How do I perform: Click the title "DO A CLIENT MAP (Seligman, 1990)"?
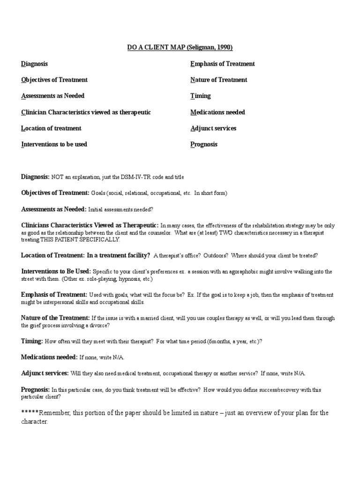pyautogui.click(x=180, y=47)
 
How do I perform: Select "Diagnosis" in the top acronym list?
pyautogui.click(x=34, y=64)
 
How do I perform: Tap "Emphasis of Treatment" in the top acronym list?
pyautogui.click(x=222, y=64)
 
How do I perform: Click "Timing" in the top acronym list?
pyautogui.click(x=200, y=96)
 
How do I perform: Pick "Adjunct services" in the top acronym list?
pyautogui.click(x=213, y=128)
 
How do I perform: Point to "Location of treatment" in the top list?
pyautogui.click(x=51, y=128)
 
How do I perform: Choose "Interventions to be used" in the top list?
pyautogui.click(x=54, y=144)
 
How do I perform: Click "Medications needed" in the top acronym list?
pyautogui.click(x=217, y=112)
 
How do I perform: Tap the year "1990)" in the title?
pyautogui.click(x=224, y=47)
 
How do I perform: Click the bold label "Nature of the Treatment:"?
pyautogui.click(x=55, y=318)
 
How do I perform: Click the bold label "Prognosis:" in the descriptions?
pyautogui.click(x=36, y=390)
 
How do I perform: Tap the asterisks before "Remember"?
pyautogui.click(x=30, y=413)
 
